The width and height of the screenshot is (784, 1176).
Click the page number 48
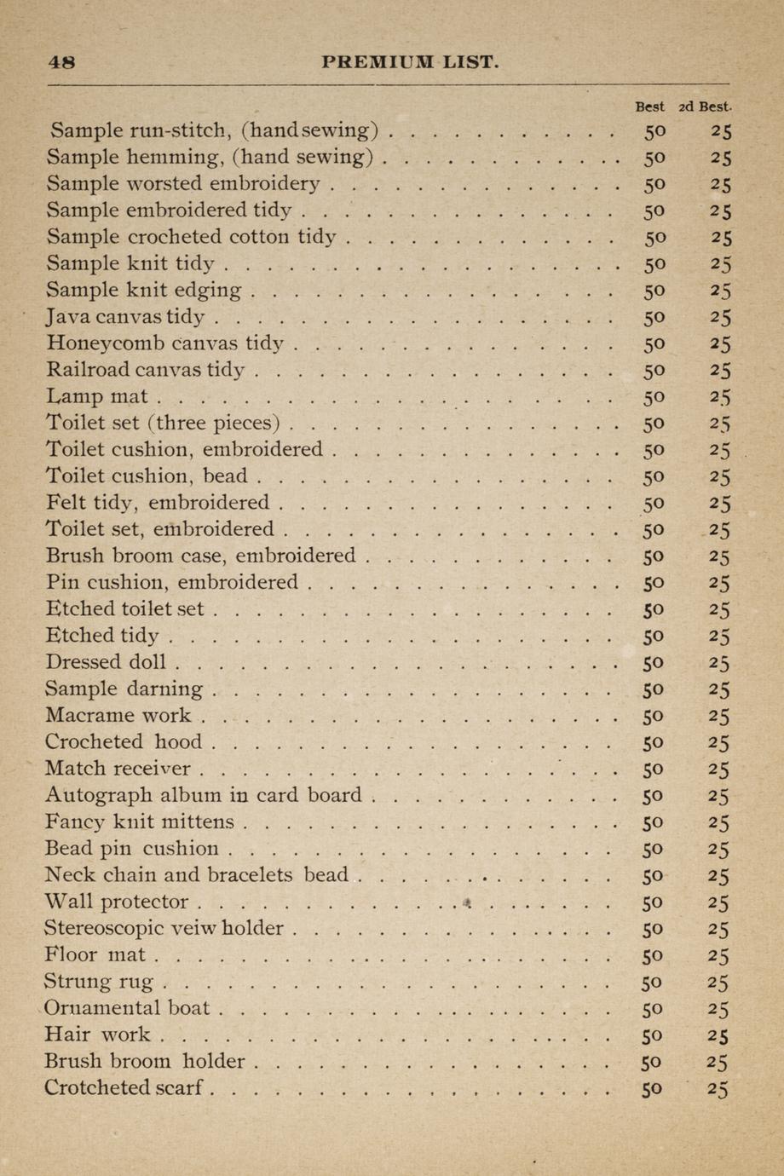(62, 62)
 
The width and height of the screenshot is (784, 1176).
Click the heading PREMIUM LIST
(410, 62)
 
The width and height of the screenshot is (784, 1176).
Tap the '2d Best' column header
(705, 107)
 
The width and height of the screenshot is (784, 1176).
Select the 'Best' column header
(650, 107)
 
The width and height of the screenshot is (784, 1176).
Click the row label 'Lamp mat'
(96, 396)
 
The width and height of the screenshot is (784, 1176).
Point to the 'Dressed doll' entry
(106, 662)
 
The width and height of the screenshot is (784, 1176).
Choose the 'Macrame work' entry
(118, 715)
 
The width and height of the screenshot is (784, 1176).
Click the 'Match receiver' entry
(118, 769)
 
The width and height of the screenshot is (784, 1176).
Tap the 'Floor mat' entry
(95, 954)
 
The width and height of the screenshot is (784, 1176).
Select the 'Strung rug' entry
(98, 982)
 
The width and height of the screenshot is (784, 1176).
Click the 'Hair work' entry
(96, 1035)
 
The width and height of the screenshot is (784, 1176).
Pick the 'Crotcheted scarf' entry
(124, 1087)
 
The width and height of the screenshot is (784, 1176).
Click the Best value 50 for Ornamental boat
(652, 1009)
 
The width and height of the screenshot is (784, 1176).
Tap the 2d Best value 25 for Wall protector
(718, 902)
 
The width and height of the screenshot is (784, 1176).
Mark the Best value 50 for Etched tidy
(653, 636)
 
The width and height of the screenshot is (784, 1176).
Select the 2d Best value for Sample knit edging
(720, 291)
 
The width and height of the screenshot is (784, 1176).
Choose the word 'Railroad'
(88, 370)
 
